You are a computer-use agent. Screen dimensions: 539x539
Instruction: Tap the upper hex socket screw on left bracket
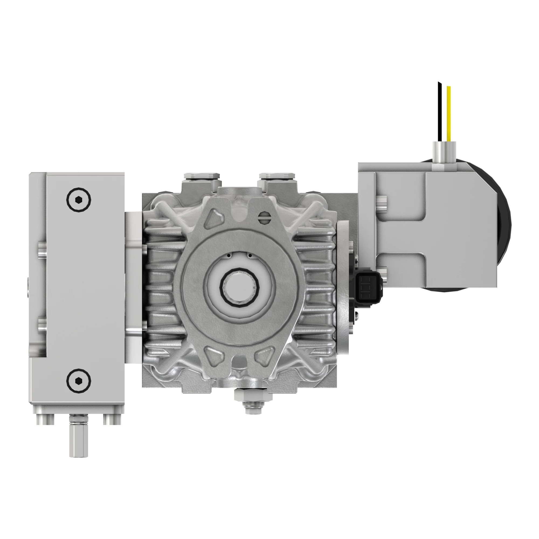pyautogui.click(x=79, y=200)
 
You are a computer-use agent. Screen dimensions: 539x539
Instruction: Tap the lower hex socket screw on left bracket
pyautogui.click(x=79, y=380)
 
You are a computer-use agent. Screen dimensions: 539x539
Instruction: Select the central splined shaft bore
pyautogui.click(x=240, y=286)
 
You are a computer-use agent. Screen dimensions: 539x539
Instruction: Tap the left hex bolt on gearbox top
pyautogui.click(x=202, y=176)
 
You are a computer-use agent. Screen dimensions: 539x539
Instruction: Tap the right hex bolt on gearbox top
pyautogui.click(x=277, y=176)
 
